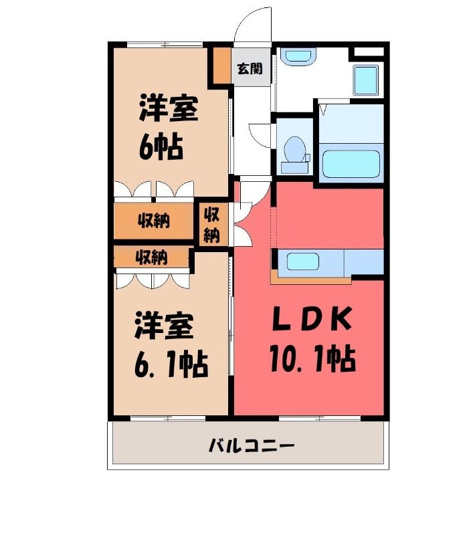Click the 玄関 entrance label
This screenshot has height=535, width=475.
coord(250,69)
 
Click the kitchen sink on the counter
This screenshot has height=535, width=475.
coord(302,261)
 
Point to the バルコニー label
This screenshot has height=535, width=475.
coord(251,445)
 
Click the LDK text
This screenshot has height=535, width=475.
coord(312,319)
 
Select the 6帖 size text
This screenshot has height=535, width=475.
coord(161,148)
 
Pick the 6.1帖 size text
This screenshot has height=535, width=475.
coord(171,364)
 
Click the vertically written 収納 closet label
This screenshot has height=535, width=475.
coord(212,225)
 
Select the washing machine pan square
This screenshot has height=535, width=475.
coord(366,80)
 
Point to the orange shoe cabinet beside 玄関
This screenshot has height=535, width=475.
coord(222,66)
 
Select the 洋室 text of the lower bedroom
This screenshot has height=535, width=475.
coord(165,326)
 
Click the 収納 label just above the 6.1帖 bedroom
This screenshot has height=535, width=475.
coord(151,257)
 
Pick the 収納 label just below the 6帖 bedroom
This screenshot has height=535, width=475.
coord(154,221)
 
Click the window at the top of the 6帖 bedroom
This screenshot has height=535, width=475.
coord(165,44)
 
